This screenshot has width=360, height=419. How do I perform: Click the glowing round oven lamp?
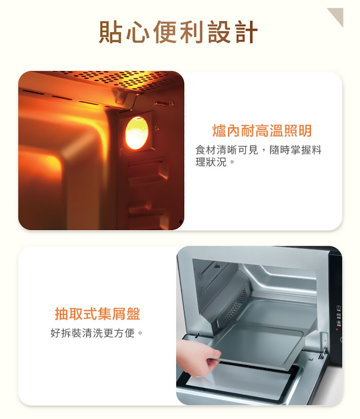click(137, 133)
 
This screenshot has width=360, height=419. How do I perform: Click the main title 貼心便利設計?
click(178, 32)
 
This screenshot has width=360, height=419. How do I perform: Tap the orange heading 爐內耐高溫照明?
click(262, 131)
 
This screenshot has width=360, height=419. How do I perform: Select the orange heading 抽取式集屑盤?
click(98, 314)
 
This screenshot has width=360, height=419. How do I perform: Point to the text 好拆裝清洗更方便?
click(97, 333)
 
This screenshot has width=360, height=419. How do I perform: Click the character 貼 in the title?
click(111, 32)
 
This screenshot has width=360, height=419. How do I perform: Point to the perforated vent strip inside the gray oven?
click(236, 304)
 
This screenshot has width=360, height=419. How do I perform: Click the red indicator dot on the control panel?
click(337, 329)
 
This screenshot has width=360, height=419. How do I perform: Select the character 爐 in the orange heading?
click(219, 131)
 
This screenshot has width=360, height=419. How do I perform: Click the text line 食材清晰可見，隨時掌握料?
click(258, 150)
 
